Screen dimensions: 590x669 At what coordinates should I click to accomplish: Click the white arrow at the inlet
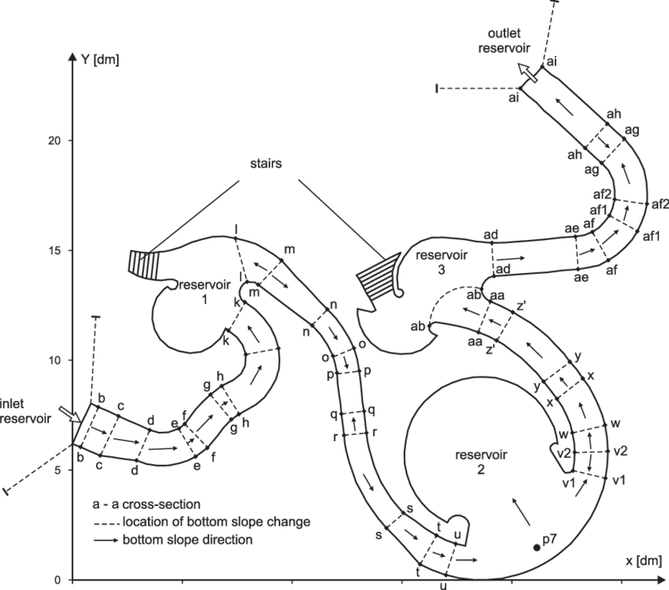coord(70,415)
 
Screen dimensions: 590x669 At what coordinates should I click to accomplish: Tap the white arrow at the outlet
coord(528,73)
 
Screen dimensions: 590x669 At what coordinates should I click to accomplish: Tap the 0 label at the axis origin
coord(56,580)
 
